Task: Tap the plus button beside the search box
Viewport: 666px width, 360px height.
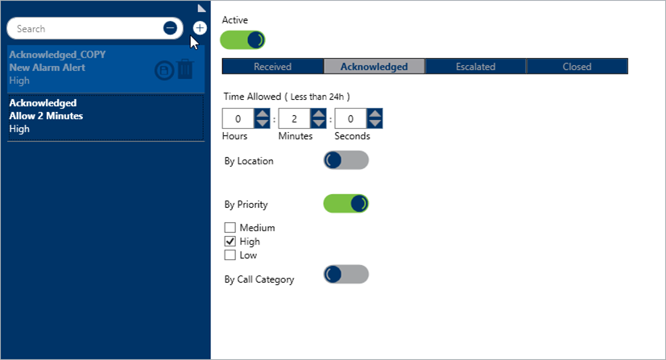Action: click(x=200, y=28)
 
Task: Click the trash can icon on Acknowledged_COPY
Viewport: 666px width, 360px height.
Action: click(x=185, y=68)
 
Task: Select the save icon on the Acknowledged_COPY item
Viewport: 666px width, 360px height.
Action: click(x=164, y=71)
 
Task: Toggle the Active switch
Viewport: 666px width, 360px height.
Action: click(x=242, y=40)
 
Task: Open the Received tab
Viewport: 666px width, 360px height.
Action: click(x=273, y=67)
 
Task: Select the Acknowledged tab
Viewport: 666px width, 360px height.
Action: click(x=374, y=67)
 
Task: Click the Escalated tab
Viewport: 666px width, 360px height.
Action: click(x=476, y=67)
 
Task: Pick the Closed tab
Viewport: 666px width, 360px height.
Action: click(x=577, y=67)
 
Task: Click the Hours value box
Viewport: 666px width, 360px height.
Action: click(x=238, y=118)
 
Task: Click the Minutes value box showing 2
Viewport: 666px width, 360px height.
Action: click(x=295, y=118)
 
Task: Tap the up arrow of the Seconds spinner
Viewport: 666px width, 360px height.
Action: click(x=374, y=114)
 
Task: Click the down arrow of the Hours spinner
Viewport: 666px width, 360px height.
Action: click(x=262, y=123)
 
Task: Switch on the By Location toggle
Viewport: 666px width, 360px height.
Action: click(x=346, y=160)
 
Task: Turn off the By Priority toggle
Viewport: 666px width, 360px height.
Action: click(x=346, y=204)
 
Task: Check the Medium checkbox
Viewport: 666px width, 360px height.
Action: click(x=230, y=228)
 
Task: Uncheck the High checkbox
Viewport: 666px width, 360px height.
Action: click(x=230, y=241)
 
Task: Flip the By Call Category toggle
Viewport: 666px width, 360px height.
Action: click(x=346, y=275)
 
